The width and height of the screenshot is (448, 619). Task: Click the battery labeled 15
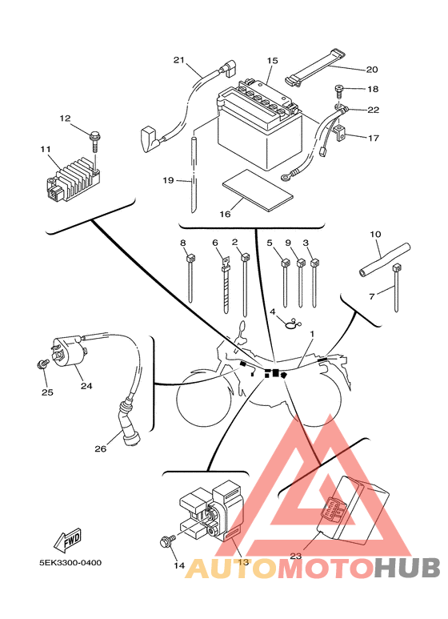259,123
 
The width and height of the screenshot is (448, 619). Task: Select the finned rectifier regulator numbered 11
73,179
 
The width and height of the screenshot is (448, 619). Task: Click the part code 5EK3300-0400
70,563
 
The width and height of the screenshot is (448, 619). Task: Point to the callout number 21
178,60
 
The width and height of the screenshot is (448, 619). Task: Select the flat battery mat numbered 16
258,190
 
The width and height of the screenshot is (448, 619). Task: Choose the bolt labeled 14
167,541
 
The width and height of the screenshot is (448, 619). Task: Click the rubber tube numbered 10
385,259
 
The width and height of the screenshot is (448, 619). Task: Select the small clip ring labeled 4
293,324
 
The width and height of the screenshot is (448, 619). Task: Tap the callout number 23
296,556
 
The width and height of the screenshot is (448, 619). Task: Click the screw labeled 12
96,143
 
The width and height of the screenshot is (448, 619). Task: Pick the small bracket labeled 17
341,134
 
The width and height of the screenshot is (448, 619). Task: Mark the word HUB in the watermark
406,569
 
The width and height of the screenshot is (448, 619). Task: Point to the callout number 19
168,180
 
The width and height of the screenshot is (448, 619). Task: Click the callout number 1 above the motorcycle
312,334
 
